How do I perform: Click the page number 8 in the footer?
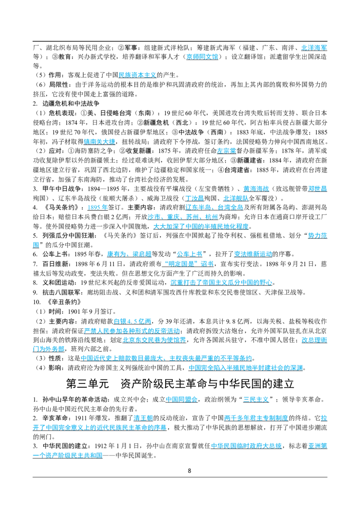pyautogui.click(x=189, y=471)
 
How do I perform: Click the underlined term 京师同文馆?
pyautogui.click(x=202, y=57)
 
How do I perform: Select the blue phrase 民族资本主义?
pyautogui.click(x=137, y=75)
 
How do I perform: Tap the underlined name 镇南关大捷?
pyautogui.click(x=99, y=142)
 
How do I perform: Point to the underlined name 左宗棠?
pyautogui.click(x=226, y=151)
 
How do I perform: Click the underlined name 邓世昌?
pyautogui.click(x=317, y=189)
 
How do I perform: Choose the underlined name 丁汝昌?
pyautogui.click(x=194, y=198)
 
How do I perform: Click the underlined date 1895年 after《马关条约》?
pyautogui.click(x=98, y=207)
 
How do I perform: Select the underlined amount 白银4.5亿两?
pyautogui.click(x=133, y=321)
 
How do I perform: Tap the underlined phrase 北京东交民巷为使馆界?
pyautogui.click(x=154, y=340)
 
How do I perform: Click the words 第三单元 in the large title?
pyautogui.click(x=87, y=384)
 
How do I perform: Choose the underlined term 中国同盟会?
pyautogui.click(x=182, y=400)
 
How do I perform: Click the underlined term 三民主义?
pyautogui.click(x=256, y=400)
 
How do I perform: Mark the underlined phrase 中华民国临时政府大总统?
pyautogui.click(x=246, y=446)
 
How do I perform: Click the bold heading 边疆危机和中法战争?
pyautogui.click(x=71, y=103)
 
